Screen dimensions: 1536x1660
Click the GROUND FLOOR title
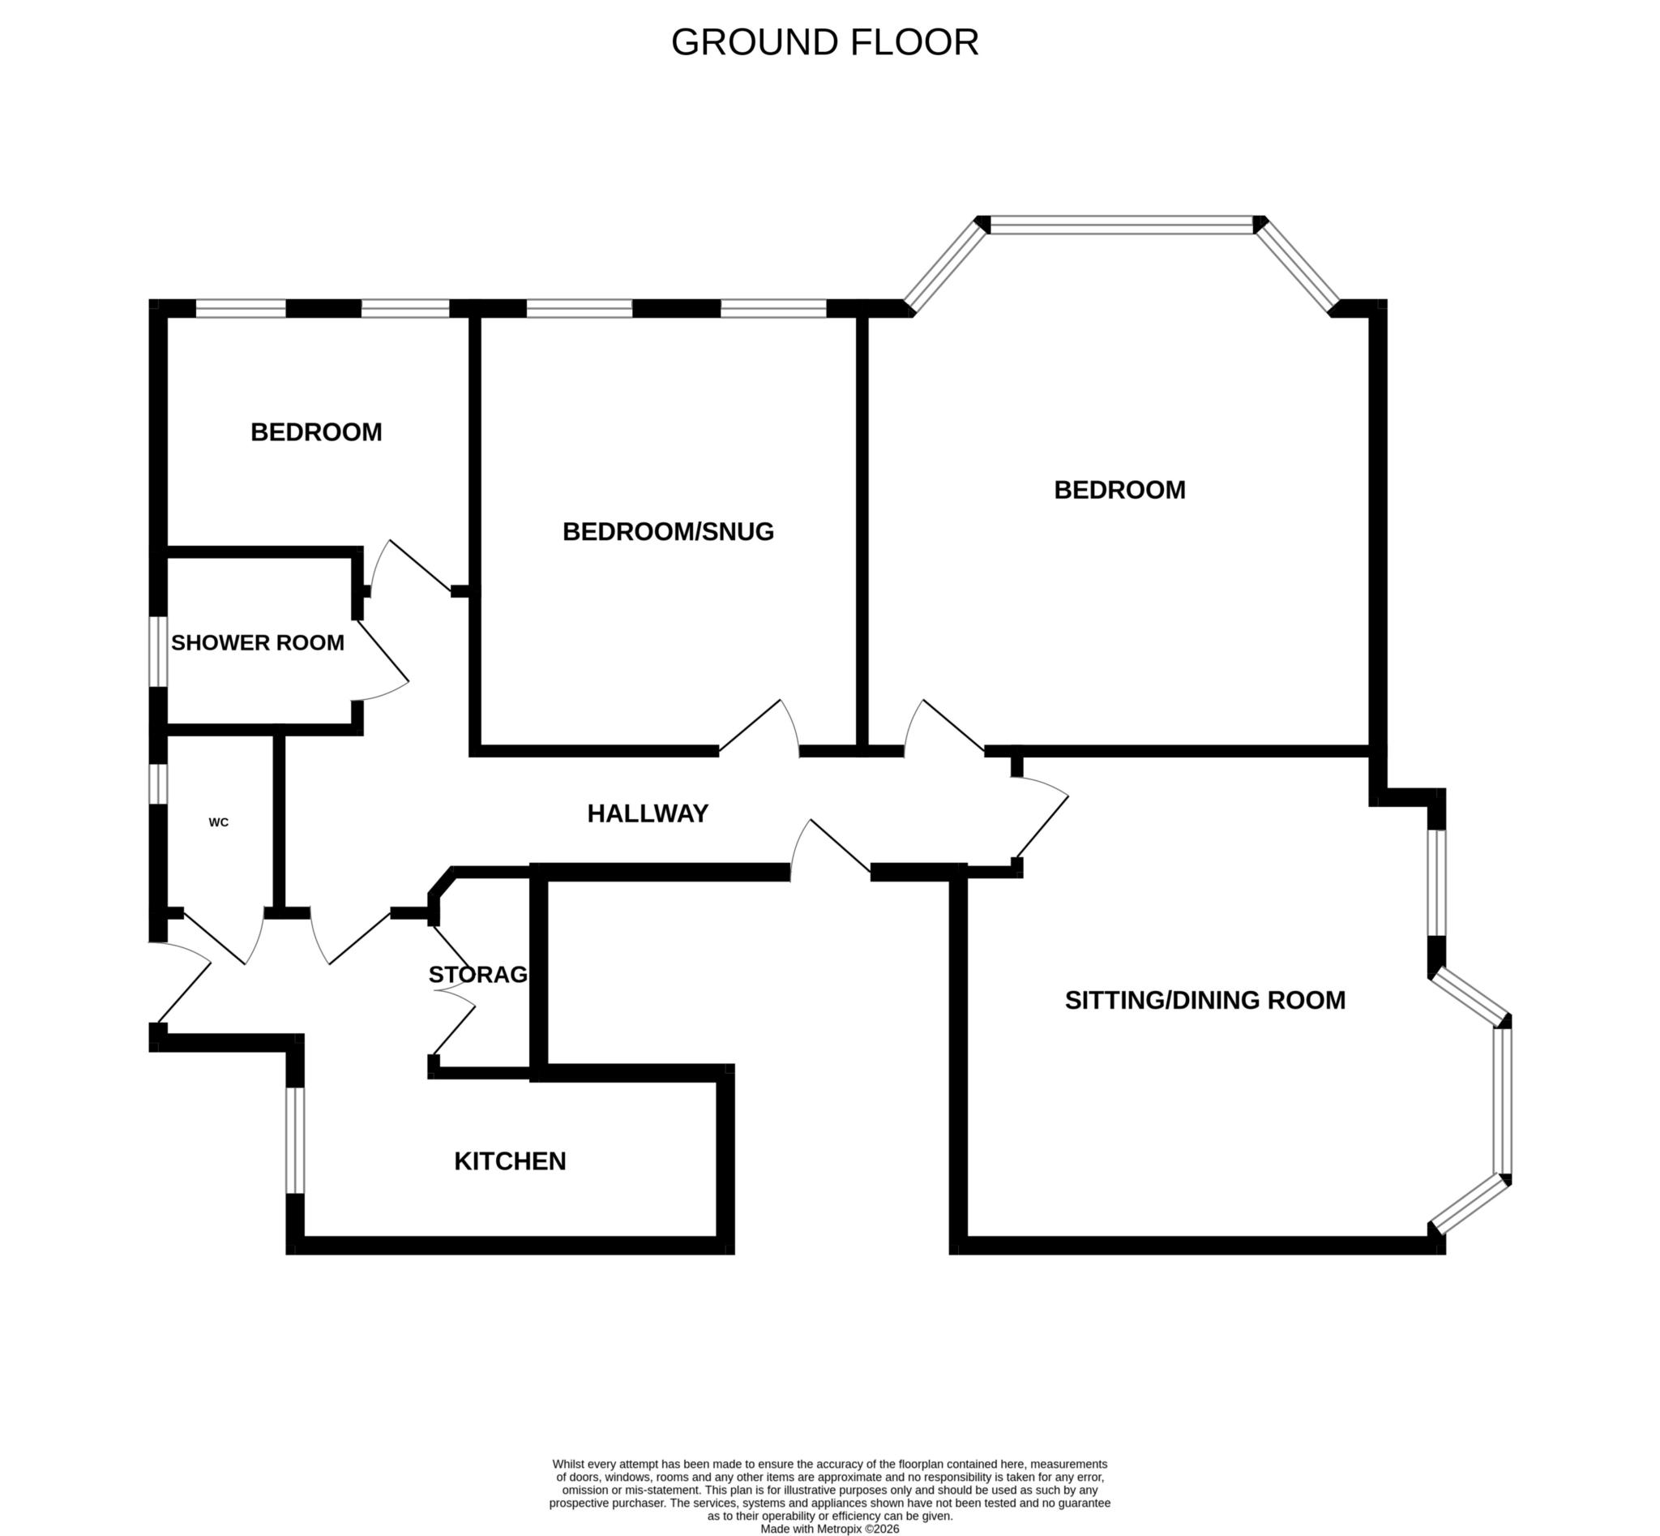point(824,42)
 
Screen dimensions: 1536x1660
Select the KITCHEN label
point(509,1161)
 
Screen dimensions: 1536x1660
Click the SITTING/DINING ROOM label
point(1204,999)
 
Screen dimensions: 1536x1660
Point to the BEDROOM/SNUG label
point(668,531)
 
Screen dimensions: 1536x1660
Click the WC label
point(219,822)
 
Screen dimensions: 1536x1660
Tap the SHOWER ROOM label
point(258,642)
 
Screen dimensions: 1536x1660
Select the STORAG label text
point(477,974)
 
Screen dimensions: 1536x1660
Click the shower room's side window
point(158,650)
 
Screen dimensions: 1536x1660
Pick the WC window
point(158,783)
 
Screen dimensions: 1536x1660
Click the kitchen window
point(295,1139)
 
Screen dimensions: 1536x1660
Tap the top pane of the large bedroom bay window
point(1121,225)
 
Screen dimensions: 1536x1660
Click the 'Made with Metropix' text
point(829,1528)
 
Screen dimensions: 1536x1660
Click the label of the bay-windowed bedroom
point(1119,490)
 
